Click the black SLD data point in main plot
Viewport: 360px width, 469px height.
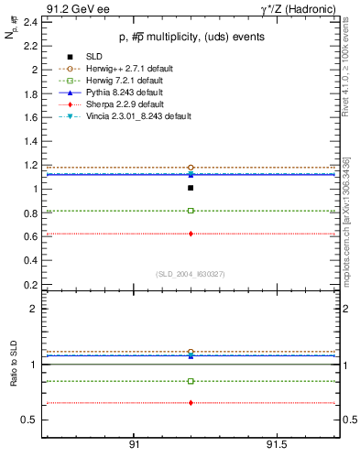pos(191,188)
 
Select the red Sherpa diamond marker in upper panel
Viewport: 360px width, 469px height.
pos(191,234)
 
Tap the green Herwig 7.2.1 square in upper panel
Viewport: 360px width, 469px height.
pos(191,211)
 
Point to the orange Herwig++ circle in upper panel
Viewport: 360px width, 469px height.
pos(191,168)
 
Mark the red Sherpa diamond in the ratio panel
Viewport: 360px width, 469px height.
pos(191,403)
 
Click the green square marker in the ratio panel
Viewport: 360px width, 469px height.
pos(191,381)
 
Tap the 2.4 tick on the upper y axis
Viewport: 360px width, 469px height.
pos(31,22)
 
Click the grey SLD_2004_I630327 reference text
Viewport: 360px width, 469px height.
pos(191,274)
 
